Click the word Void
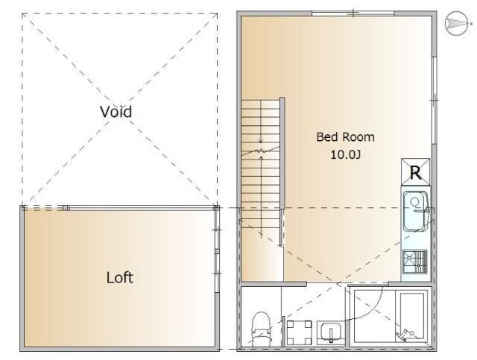click(x=116, y=112)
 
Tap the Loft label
click(x=120, y=277)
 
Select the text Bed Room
click(x=345, y=137)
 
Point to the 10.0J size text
click(x=346, y=154)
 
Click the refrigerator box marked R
click(x=416, y=172)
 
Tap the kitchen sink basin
click(x=416, y=211)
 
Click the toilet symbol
click(x=261, y=329)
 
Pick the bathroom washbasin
click(x=331, y=333)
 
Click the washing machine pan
click(x=300, y=332)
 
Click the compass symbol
click(x=456, y=24)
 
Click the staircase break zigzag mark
click(x=260, y=151)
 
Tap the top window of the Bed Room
click(x=353, y=13)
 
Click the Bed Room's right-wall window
click(x=435, y=100)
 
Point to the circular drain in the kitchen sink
click(x=414, y=201)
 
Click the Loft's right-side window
click(x=217, y=251)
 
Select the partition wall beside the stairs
click(x=282, y=171)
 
